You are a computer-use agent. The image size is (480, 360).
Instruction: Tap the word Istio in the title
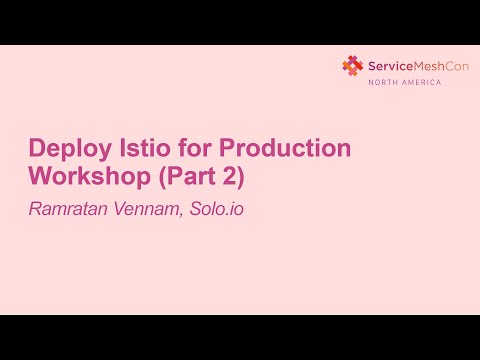(139, 149)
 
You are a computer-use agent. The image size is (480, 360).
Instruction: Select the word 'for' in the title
(190, 149)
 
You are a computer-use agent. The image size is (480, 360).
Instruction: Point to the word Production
(285, 149)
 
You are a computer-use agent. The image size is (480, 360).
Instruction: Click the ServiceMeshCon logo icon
(352, 66)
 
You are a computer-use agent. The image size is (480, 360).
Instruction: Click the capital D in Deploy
(38, 149)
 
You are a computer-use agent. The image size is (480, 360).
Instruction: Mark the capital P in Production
(226, 149)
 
